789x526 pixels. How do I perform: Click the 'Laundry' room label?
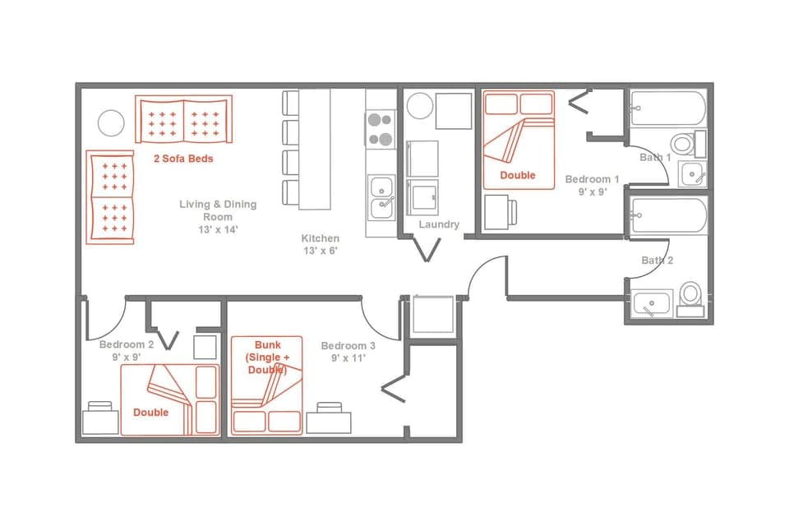click(439, 224)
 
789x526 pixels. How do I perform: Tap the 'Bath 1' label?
click(656, 157)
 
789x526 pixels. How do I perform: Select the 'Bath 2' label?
click(657, 261)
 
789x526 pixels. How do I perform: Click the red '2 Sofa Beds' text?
click(183, 158)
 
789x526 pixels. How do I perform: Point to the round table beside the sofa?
click(111, 123)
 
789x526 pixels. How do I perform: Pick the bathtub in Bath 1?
click(667, 108)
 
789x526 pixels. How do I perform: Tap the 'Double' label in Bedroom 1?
click(518, 175)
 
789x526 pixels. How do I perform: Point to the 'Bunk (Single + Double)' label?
click(268, 358)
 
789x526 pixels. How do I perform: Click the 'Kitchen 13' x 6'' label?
click(320, 244)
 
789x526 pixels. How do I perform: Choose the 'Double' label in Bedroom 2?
click(151, 412)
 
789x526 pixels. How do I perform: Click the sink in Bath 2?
click(652, 304)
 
